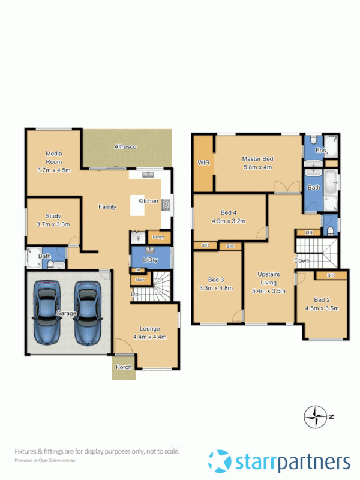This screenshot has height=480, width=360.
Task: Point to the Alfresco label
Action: click(125, 146)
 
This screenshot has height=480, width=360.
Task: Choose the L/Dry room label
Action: click(149, 259)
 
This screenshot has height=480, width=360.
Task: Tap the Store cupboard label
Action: click(140, 280)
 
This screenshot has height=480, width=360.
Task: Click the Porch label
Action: click(124, 367)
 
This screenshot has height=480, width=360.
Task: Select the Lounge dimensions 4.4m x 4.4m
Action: click(153, 337)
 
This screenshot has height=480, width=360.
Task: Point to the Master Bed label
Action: click(257, 159)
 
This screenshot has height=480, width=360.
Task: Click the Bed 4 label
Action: click(229, 212)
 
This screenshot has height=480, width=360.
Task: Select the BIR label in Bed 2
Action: click(331, 275)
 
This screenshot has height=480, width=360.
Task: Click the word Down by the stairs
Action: click(301, 261)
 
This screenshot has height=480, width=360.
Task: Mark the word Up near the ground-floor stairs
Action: click(136, 294)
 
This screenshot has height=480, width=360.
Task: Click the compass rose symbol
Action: click(314, 415)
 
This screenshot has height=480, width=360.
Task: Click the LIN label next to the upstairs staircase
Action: click(308, 232)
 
